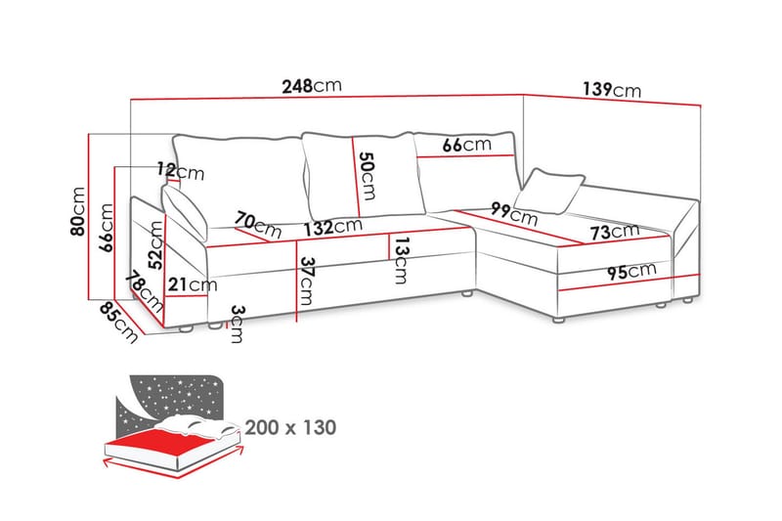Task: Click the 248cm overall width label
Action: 310,86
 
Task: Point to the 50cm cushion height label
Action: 366,174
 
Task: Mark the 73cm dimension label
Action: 612,233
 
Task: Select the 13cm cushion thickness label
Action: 400,260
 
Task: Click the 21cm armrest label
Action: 192,284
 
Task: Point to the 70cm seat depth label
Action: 258,226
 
